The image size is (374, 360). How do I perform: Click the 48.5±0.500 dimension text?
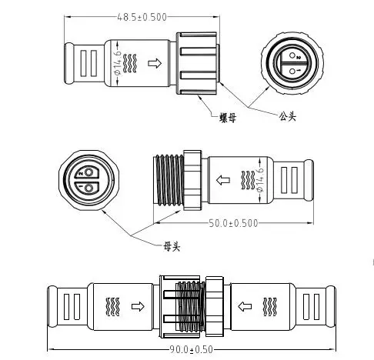coord(142,17)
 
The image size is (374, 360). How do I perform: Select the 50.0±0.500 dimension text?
coord(233,223)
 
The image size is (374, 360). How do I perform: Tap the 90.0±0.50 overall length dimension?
coord(191,349)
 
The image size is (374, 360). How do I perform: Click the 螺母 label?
coord(228,118)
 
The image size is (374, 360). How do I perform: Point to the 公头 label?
coord(287,116)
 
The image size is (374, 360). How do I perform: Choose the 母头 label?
coord(172,247)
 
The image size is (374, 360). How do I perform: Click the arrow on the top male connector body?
coord(155,63)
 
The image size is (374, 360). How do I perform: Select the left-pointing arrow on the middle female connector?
coord(223,180)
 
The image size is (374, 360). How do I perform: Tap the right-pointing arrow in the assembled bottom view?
coord(138,306)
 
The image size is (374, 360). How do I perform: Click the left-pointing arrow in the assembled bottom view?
coord(245,306)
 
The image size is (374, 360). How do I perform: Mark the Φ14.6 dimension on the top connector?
coord(118,62)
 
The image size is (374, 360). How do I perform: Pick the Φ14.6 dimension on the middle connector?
coord(260,179)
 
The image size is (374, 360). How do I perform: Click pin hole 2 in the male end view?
coord(292,55)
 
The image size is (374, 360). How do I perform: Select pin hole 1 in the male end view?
coord(292,71)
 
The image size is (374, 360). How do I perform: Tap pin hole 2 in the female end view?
coord(88,172)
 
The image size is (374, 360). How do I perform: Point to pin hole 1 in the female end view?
coord(88,188)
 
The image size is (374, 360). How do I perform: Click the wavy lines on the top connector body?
coord(130,63)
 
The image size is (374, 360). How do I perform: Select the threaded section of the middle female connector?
coord(169,181)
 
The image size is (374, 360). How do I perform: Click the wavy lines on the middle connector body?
coord(248,180)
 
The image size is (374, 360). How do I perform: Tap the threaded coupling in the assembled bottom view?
coord(190,306)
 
